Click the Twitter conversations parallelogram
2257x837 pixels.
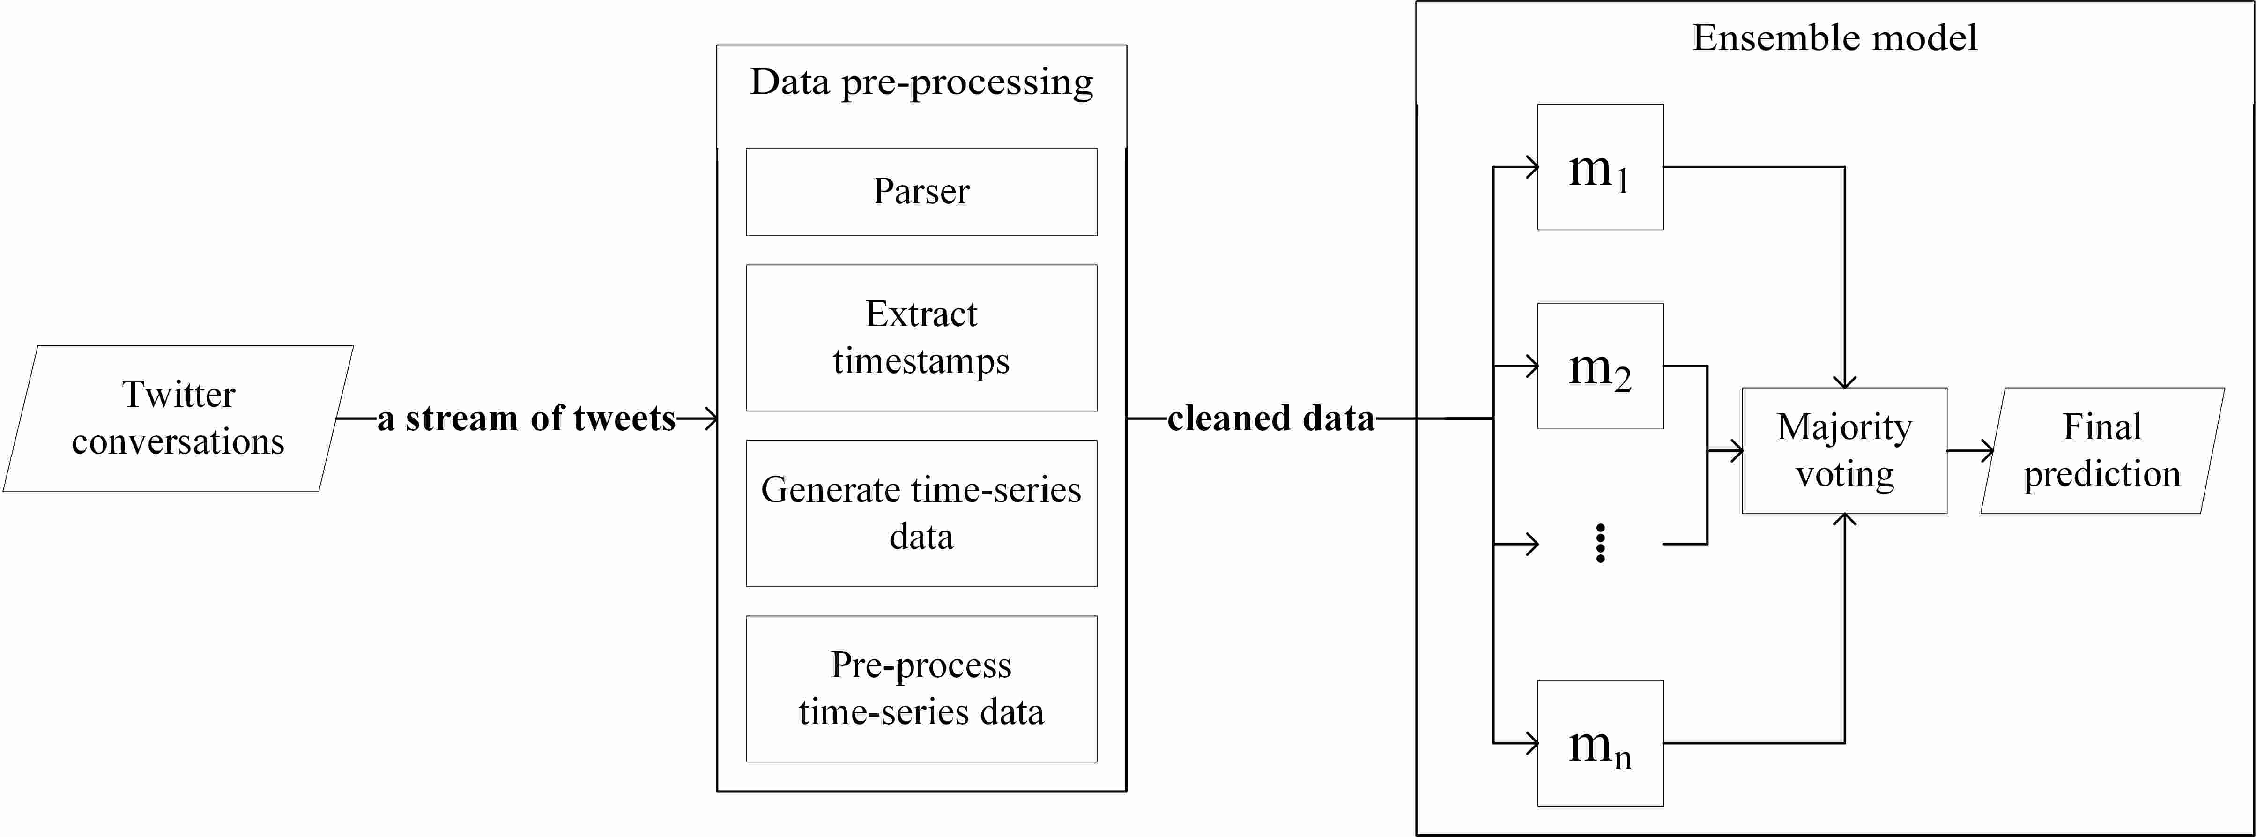[178, 418]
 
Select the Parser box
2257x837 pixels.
[921, 191]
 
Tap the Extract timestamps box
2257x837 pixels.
[921, 337]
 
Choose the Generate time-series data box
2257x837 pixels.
[921, 513]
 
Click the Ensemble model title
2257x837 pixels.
[1834, 37]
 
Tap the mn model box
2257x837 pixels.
[1600, 743]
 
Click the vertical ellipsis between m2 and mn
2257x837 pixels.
[1600, 543]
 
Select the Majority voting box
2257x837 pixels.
[1844, 450]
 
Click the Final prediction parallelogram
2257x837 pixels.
[2102, 450]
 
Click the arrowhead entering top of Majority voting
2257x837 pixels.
[1844, 381]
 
